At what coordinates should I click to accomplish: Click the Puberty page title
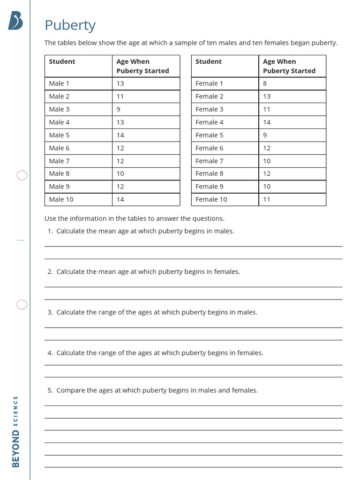tap(70, 25)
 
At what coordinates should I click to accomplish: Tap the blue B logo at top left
tap(15, 21)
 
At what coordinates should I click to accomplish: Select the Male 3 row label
tap(59, 109)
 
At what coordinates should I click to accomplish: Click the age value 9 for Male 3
tap(119, 109)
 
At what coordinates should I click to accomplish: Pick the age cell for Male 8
tap(120, 173)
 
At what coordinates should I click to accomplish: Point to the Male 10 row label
tap(61, 199)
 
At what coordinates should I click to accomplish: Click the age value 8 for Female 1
tap(265, 83)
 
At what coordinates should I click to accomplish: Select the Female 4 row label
tap(209, 122)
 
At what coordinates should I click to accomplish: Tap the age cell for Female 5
tap(265, 135)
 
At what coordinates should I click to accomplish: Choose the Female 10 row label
tap(211, 199)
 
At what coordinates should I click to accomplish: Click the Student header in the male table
tap(62, 61)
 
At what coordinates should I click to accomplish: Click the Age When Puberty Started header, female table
tap(289, 66)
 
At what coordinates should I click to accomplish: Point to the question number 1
tap(50, 231)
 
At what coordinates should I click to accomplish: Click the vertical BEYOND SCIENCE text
tap(16, 431)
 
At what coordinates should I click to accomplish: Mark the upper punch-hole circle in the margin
tap(22, 176)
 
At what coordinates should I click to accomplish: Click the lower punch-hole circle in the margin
tap(22, 305)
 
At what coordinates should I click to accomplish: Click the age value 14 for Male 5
tap(120, 135)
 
